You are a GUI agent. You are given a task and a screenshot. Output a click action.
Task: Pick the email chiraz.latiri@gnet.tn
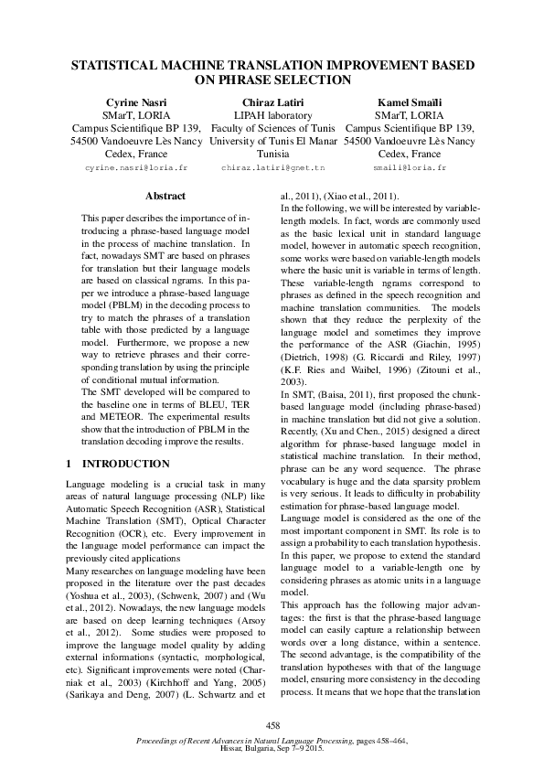pos(273,169)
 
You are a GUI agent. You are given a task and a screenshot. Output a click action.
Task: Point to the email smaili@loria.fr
pos(410,169)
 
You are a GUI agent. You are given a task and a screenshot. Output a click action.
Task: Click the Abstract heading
pos(165,196)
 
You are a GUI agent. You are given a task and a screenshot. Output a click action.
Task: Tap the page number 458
pos(272,724)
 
